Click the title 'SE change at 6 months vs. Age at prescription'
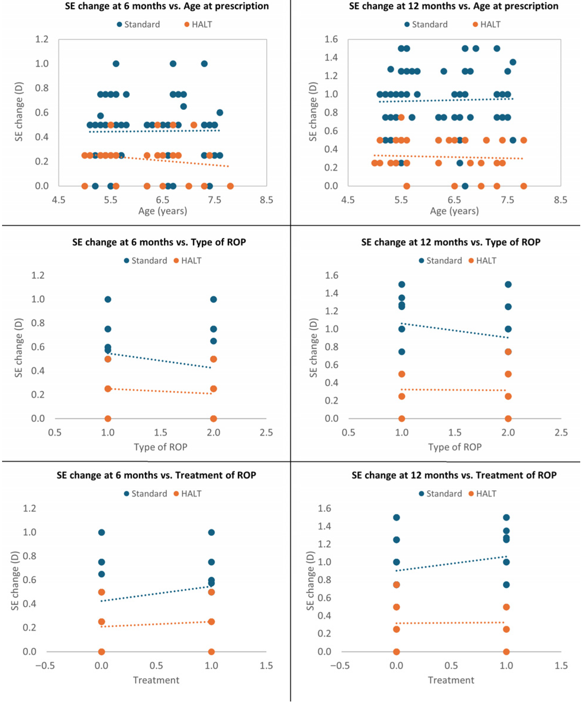167,6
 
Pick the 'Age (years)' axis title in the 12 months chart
454,211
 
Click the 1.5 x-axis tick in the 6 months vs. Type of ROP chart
161,433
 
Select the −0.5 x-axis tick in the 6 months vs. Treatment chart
45,665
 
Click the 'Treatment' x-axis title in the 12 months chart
451,680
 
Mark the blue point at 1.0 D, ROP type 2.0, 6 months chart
214,299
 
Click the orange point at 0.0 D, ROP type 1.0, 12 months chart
402,418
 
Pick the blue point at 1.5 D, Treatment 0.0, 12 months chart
396,517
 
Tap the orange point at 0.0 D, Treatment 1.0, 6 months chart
211,652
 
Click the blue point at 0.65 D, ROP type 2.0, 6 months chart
214,341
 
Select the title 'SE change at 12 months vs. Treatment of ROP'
454,475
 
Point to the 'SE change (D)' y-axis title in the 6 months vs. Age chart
19,112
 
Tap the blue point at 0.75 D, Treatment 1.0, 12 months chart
506,584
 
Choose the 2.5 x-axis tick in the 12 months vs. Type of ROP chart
561,433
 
